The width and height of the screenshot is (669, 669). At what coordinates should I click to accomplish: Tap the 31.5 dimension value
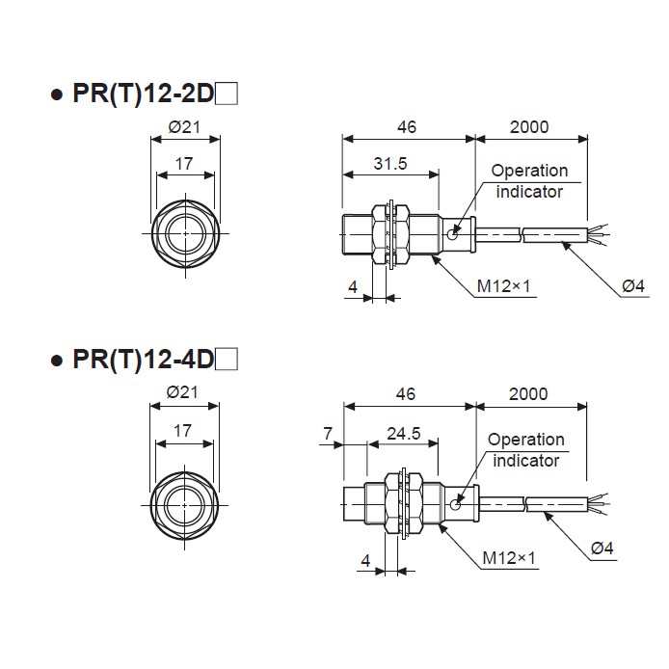(x=389, y=164)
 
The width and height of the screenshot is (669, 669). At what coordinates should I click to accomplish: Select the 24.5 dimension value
(x=403, y=434)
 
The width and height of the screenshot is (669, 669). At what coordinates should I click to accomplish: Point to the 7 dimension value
(x=329, y=434)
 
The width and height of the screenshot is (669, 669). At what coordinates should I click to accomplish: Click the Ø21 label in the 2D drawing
(x=183, y=127)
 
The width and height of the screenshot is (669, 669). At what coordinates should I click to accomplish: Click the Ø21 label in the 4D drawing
(x=182, y=392)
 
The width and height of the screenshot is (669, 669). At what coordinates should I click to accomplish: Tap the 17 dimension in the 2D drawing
(x=183, y=164)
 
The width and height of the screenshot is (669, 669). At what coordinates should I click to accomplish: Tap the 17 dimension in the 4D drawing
(x=182, y=431)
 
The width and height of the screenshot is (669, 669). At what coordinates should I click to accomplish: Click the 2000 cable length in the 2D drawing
(x=531, y=127)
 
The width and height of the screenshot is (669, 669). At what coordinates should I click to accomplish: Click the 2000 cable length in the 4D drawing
(x=529, y=393)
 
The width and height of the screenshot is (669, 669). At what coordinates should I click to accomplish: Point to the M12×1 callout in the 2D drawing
(x=505, y=286)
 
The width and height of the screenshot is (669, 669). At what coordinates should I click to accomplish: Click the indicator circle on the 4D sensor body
(x=457, y=501)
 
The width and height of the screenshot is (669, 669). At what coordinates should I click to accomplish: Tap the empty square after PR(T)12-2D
(x=227, y=94)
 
